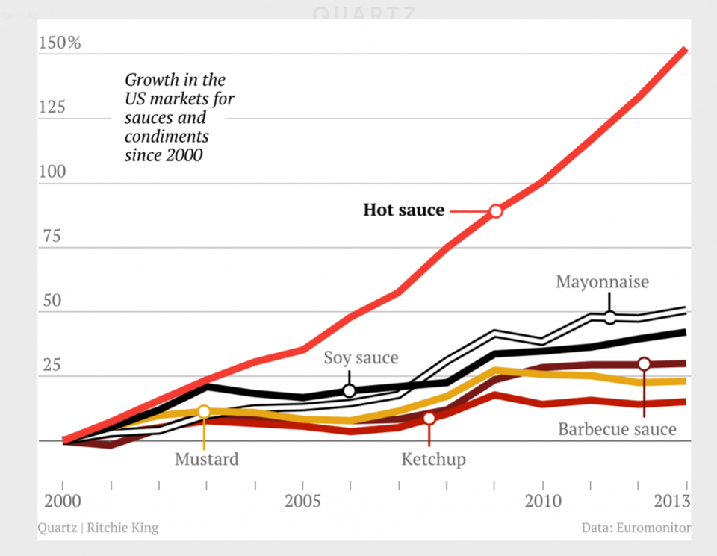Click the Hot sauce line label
point(403,210)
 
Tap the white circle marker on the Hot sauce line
point(496,211)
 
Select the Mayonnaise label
point(602,282)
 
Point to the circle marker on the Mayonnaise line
point(610,317)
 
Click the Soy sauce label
point(361,358)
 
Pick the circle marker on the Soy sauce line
point(349,390)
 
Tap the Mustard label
point(207,459)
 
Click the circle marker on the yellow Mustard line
point(203,412)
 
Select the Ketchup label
point(433,459)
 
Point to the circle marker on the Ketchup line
point(429,419)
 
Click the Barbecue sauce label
point(617,429)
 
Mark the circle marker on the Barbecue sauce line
point(644,364)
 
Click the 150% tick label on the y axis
point(59,43)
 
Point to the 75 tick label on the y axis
point(52,237)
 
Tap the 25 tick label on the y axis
point(52,366)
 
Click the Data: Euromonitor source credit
point(636,528)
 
